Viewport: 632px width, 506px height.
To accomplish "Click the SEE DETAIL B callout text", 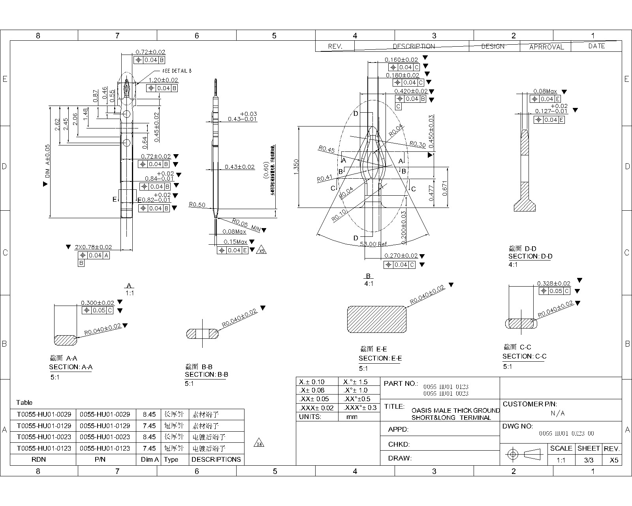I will [x=177, y=71].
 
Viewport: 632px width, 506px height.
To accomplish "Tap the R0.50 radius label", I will [x=197, y=205].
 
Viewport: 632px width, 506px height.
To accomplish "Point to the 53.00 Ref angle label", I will [x=373, y=244].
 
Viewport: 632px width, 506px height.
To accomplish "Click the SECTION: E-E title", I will [x=380, y=358].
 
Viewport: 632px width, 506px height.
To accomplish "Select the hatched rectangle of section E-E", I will [x=376, y=319].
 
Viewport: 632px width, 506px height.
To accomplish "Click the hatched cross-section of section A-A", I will [x=65, y=340].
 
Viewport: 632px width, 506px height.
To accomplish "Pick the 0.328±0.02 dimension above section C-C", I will [x=553, y=283].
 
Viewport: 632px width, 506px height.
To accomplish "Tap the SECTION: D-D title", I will [x=530, y=256].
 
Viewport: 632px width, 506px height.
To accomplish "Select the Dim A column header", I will [x=150, y=459].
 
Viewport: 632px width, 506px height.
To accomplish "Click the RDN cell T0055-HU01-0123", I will [x=44, y=448].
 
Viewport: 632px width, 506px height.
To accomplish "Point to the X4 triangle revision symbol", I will [x=259, y=443].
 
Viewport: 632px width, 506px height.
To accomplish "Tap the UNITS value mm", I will [x=352, y=417].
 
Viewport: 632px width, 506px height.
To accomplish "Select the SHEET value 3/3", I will [x=589, y=460].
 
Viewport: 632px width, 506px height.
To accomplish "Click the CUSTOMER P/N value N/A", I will [x=558, y=413].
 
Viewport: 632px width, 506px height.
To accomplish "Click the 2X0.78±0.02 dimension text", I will [x=93, y=247].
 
